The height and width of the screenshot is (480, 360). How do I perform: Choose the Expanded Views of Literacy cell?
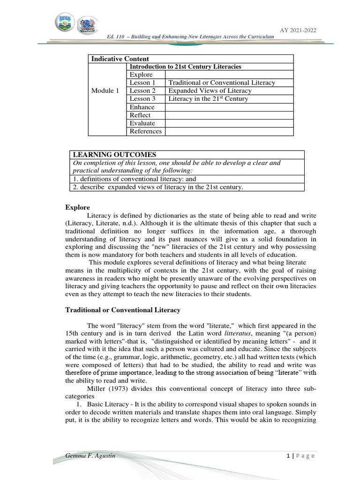[210, 91]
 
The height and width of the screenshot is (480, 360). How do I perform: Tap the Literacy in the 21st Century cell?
[208, 99]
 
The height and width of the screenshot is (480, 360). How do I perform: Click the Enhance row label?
[142, 107]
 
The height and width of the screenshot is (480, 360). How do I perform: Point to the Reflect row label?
[140, 115]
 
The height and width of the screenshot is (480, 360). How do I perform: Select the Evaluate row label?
[142, 123]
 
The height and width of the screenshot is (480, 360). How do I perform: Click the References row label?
[145, 131]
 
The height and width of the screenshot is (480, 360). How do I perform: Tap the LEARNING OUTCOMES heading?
[114, 155]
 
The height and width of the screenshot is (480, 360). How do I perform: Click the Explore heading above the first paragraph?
[77, 207]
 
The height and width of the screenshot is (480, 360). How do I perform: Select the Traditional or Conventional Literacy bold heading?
[123, 310]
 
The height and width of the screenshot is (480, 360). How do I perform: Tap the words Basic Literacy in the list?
[99, 404]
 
